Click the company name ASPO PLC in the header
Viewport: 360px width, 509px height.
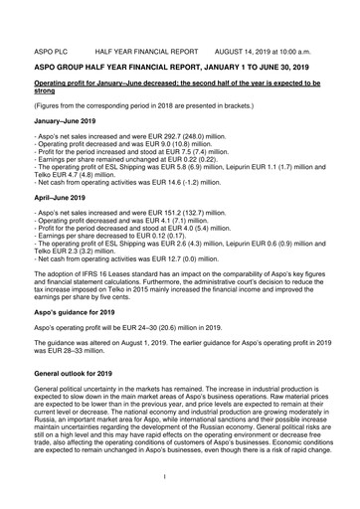(51, 47)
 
